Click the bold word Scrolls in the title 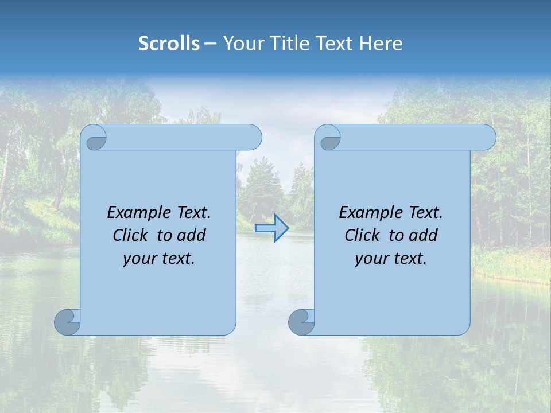tap(169, 43)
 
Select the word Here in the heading tap(381, 43)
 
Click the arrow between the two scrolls tap(271, 228)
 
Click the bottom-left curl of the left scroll tap(68, 322)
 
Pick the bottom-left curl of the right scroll tap(301, 322)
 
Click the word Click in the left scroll tap(130, 235)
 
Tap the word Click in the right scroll tap(362, 235)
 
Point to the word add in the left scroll tap(192, 235)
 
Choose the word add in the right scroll tap(424, 235)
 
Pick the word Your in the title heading tap(242, 43)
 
